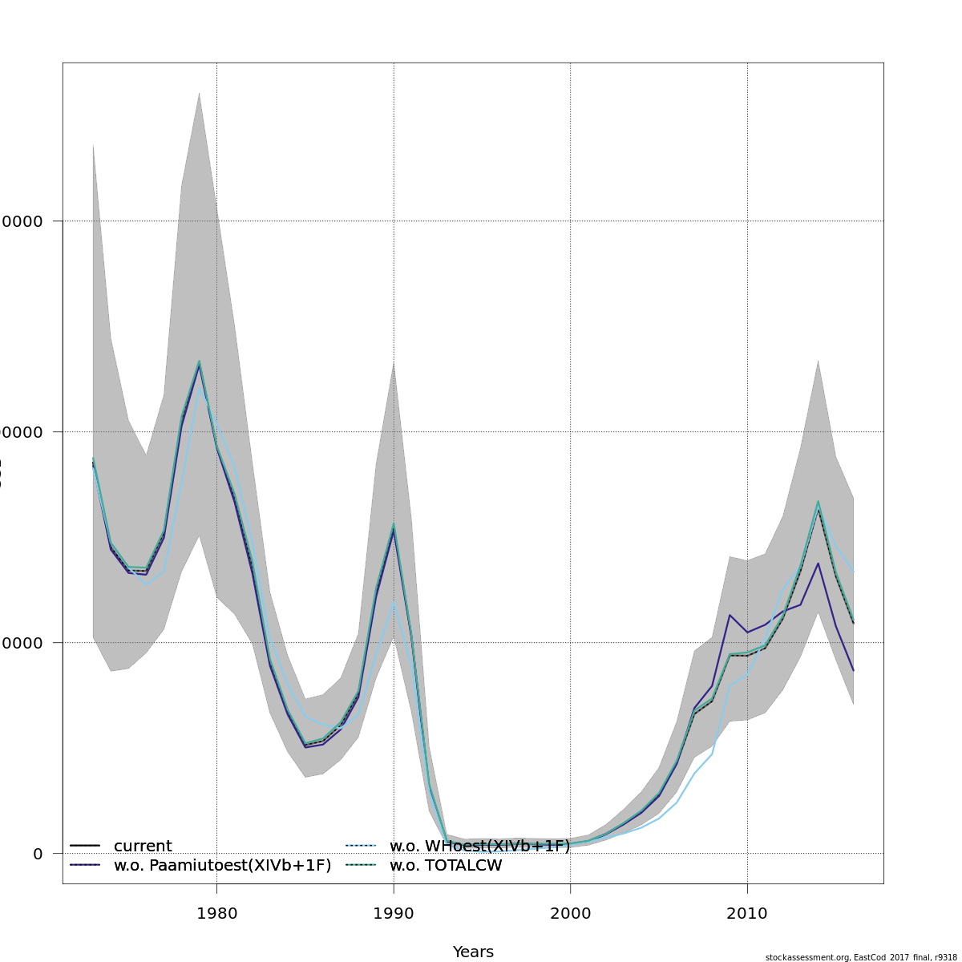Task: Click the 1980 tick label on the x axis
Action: pyautogui.click(x=216, y=913)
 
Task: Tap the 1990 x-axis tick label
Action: pyautogui.click(x=394, y=913)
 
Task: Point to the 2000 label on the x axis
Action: pyautogui.click(x=570, y=913)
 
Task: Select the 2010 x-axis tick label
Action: pyautogui.click(x=747, y=913)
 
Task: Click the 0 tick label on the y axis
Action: pyautogui.click(x=38, y=854)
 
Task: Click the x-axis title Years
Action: pyautogui.click(x=473, y=952)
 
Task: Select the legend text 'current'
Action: pyautogui.click(x=143, y=847)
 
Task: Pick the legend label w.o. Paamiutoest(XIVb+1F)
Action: pyautogui.click(x=222, y=866)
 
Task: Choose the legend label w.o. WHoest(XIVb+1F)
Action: pyautogui.click(x=479, y=847)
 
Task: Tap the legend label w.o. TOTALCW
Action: pyautogui.click(x=446, y=866)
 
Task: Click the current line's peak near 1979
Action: pyautogui.click(x=199, y=365)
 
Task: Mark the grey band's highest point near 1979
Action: pyautogui.click(x=199, y=93)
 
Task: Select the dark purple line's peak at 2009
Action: pyautogui.click(x=730, y=615)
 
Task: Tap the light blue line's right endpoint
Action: pyautogui.click(x=853, y=572)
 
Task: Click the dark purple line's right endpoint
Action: pyautogui.click(x=853, y=670)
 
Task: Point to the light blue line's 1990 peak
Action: pyautogui.click(x=394, y=602)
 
